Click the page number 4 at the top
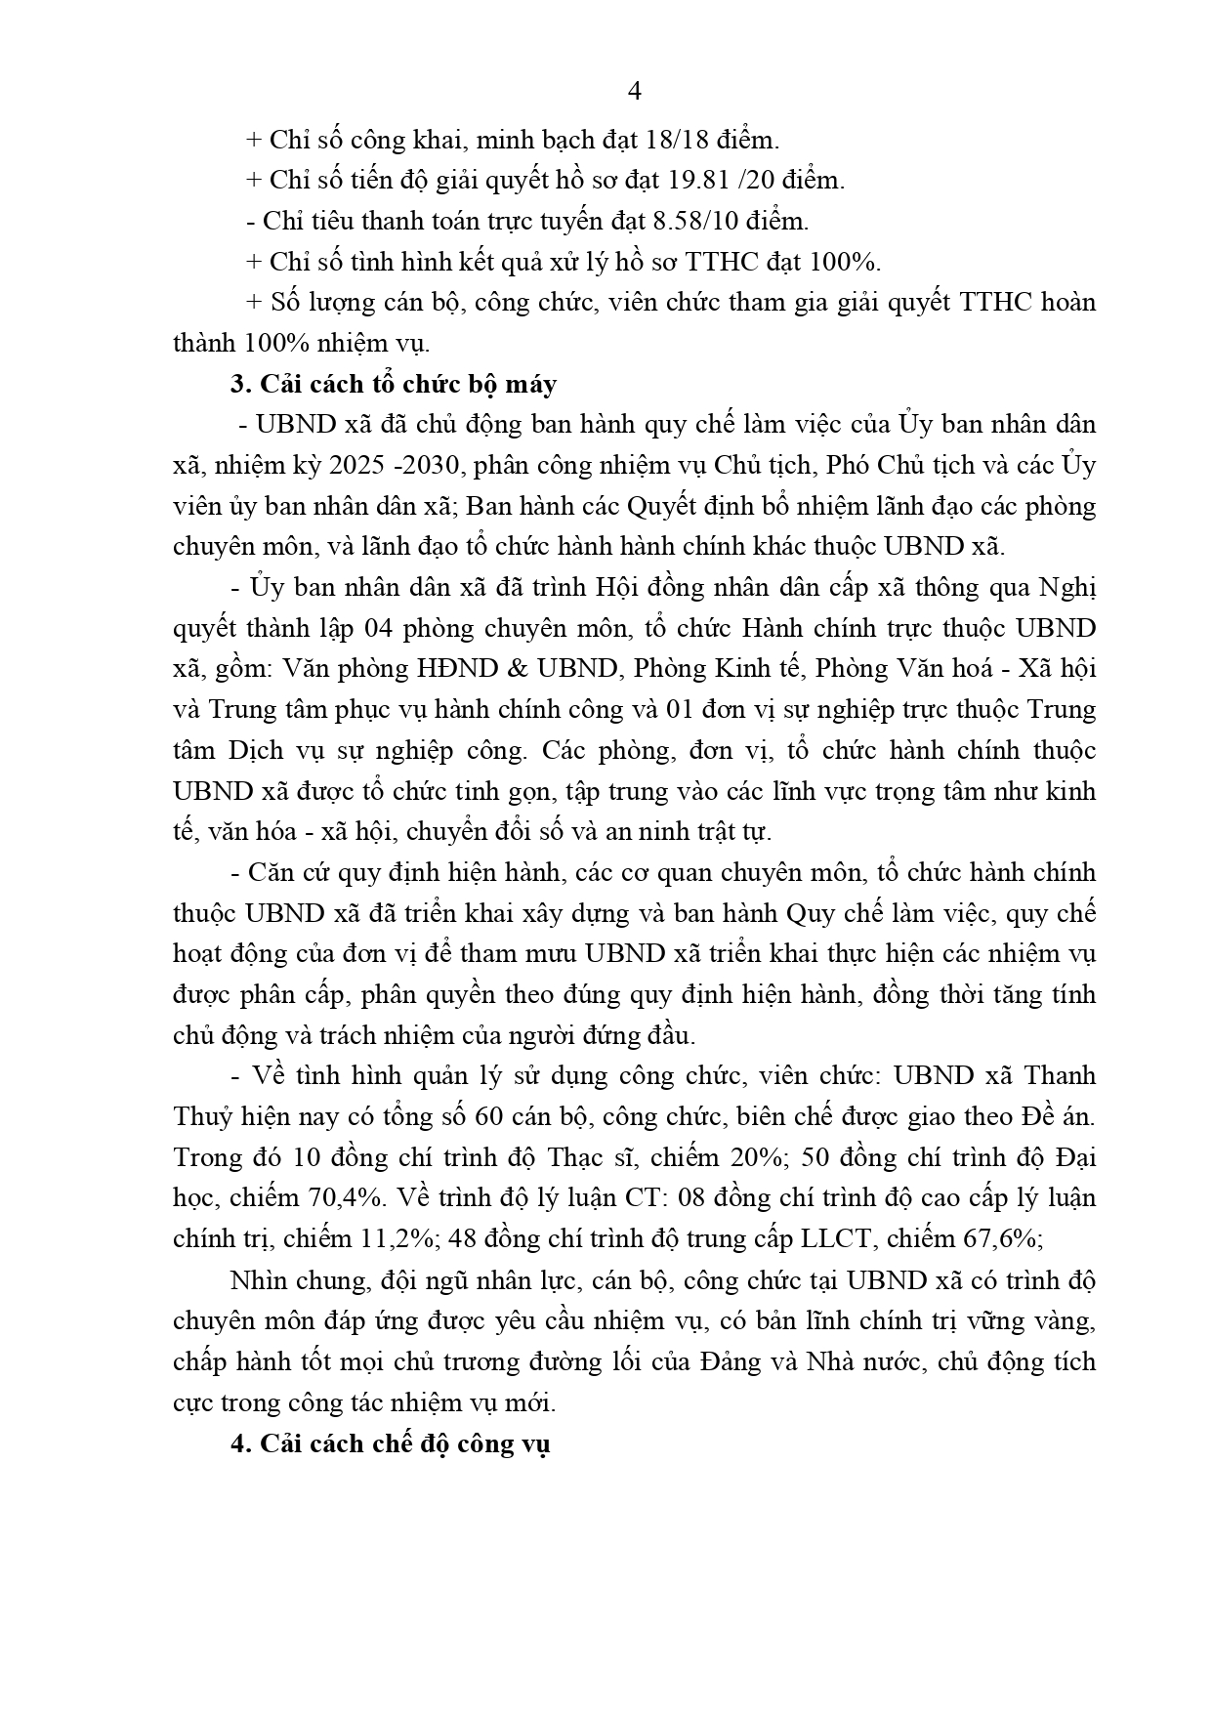pos(634,92)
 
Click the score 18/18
pos(678,140)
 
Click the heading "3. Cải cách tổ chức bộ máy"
pos(394,384)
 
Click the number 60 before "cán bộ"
pos(487,1116)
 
